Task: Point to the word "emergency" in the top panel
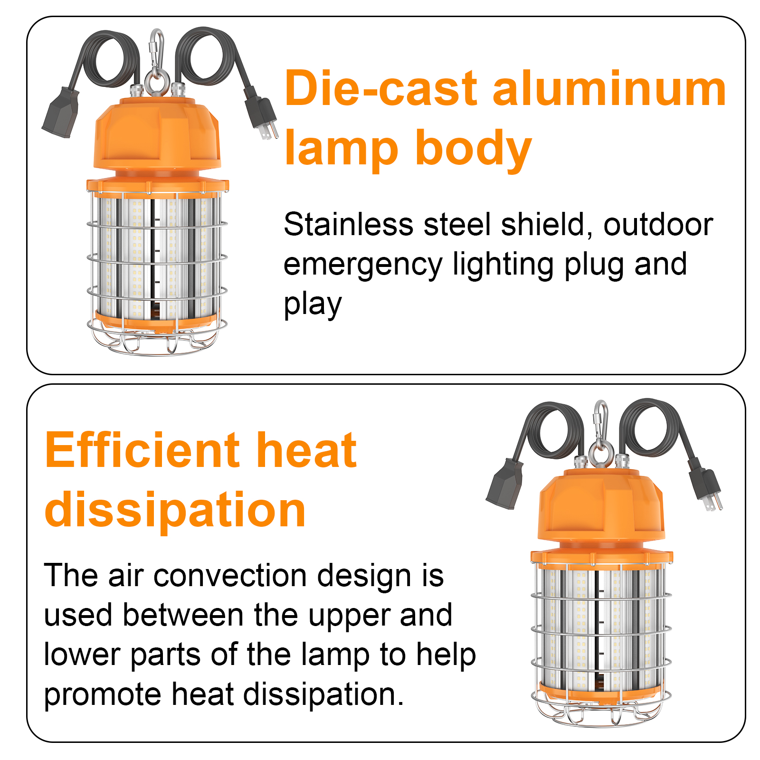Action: [363, 265]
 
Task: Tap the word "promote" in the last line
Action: [103, 694]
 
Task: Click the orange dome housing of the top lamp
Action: [157, 135]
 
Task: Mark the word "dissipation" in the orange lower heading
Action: [175, 510]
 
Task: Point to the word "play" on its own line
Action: [313, 305]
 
